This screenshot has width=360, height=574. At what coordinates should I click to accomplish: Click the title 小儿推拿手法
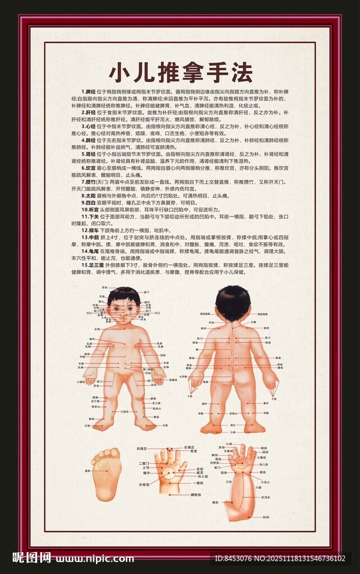(180, 73)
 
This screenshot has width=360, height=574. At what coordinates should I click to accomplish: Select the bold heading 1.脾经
(88, 91)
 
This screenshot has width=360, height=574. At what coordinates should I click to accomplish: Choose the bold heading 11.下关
(90, 216)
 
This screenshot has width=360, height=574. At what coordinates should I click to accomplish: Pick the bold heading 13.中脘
(90, 237)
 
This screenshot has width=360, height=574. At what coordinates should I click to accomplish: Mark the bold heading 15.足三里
(93, 265)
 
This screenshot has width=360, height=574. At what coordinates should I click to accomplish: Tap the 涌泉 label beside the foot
(86, 471)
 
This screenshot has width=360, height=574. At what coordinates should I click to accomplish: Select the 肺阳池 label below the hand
(195, 495)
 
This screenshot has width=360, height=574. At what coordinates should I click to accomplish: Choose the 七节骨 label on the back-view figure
(183, 376)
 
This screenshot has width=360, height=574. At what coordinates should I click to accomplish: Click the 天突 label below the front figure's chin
(96, 329)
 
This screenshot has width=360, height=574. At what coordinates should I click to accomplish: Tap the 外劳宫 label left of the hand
(144, 484)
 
